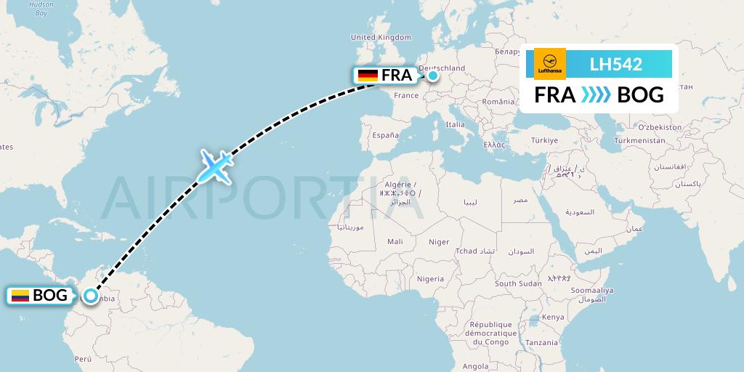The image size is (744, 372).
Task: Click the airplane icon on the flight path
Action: [214, 166]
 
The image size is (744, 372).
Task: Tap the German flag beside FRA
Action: [368, 76]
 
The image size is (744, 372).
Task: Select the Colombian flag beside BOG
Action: [20, 296]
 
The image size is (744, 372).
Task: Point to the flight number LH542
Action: [615, 64]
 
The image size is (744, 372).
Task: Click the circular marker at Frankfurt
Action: [433, 75]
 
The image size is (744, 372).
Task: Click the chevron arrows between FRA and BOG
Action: [597, 95]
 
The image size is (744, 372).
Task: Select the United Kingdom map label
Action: [381, 38]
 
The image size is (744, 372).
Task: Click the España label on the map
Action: [385, 135]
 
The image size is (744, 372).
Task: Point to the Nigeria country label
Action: [430, 278]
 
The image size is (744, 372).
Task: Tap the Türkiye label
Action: [543, 139]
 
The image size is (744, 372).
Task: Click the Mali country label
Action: [395, 241]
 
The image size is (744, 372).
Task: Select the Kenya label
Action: [552, 317]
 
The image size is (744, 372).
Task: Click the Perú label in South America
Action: [83, 359]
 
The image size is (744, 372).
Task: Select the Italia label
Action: [455, 124]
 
